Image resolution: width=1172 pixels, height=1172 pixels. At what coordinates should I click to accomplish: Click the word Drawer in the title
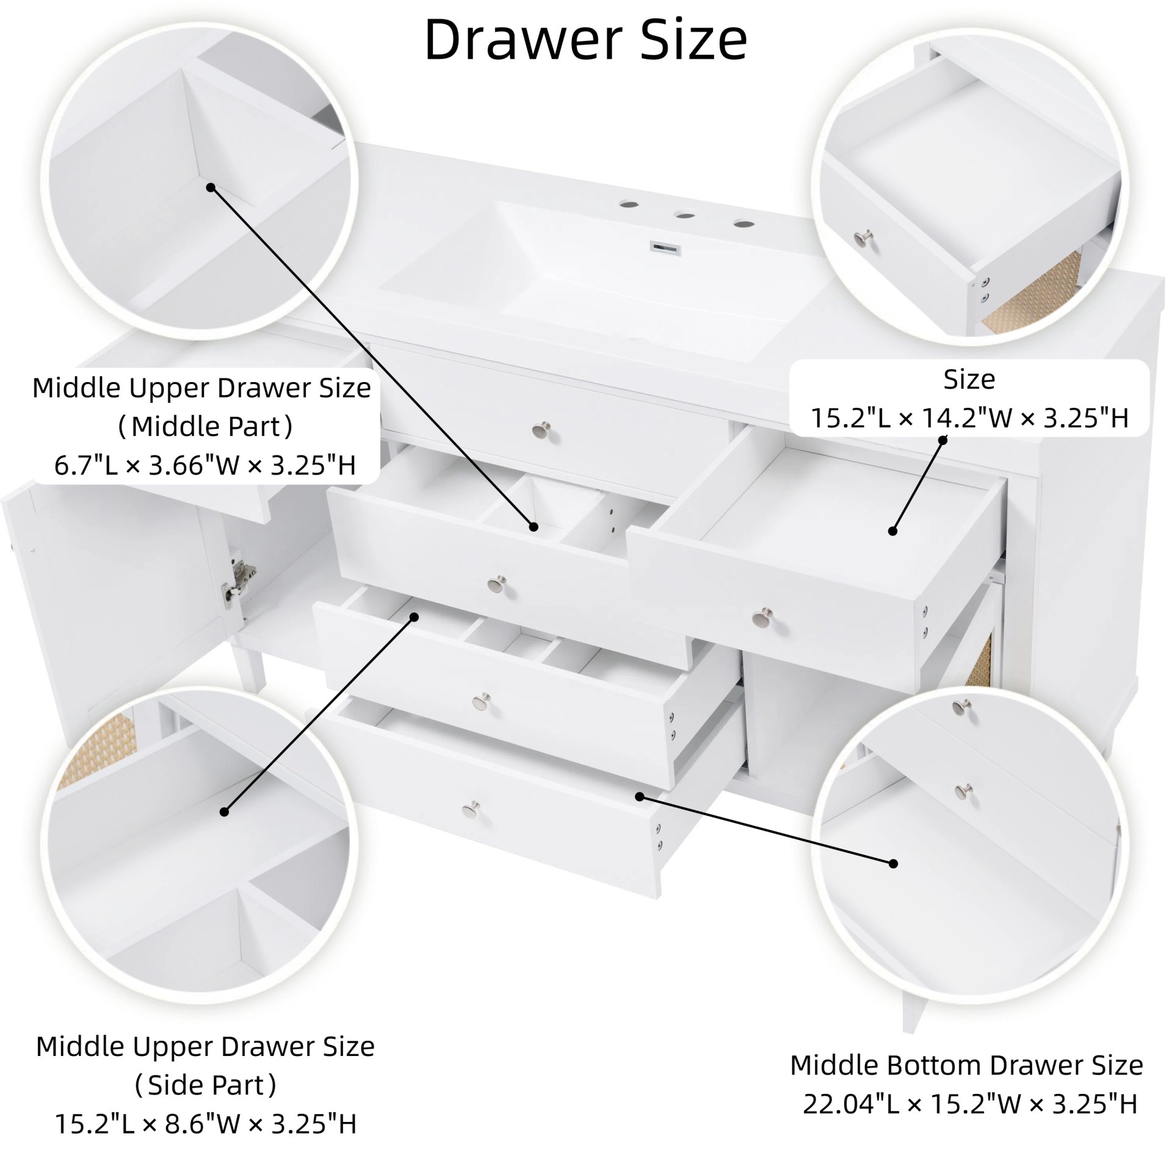tap(515, 40)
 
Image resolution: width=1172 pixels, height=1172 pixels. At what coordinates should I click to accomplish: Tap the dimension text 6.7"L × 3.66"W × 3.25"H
tap(205, 465)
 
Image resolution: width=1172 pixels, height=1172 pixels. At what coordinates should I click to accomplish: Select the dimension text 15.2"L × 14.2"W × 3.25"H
tap(969, 418)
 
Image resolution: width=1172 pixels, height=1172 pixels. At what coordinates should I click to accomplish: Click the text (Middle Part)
tap(205, 426)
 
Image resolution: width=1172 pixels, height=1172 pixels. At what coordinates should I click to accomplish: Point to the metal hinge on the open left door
tap(239, 578)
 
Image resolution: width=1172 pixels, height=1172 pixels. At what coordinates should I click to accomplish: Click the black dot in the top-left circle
tap(211, 187)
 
